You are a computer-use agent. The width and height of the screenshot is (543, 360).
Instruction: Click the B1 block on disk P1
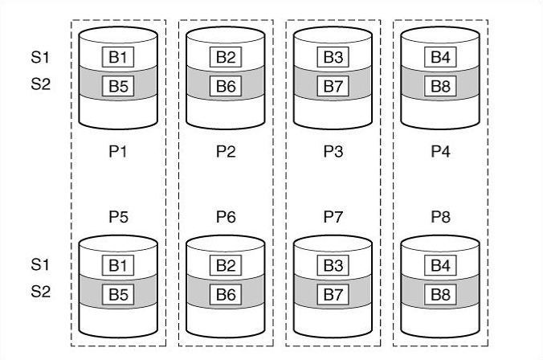117,57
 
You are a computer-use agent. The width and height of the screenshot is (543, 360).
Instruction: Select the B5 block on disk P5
117,294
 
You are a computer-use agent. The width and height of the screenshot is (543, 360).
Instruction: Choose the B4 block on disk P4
439,57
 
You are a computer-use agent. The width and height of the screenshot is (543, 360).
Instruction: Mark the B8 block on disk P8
439,294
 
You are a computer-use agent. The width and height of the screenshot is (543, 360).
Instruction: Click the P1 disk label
118,152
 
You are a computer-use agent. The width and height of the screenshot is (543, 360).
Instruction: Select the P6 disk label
226,216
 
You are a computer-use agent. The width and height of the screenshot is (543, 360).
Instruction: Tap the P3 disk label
333,152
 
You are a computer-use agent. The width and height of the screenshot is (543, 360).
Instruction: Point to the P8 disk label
440,216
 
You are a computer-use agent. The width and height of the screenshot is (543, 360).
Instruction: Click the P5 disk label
118,216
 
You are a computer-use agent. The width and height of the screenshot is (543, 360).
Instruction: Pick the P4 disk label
440,152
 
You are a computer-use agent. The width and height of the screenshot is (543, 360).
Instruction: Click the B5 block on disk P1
117,84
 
